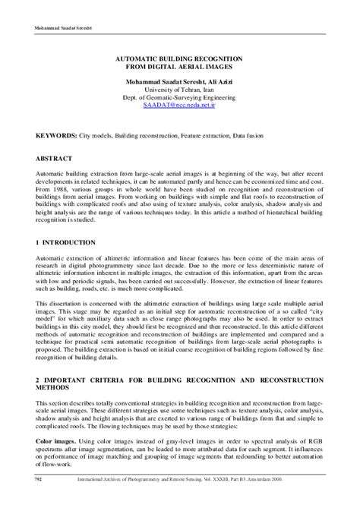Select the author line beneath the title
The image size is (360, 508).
click(x=179, y=80)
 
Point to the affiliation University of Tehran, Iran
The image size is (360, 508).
click(x=179, y=90)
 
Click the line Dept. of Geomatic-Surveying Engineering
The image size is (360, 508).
click(x=179, y=98)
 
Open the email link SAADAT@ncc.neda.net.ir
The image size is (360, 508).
click(x=179, y=107)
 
